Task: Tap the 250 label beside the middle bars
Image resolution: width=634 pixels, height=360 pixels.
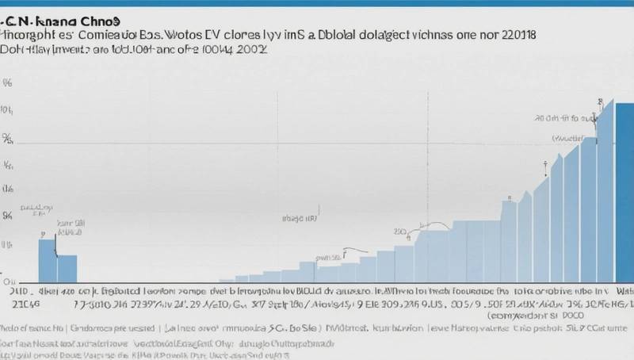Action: pos(401,232)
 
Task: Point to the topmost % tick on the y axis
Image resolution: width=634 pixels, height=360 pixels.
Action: pos(8,82)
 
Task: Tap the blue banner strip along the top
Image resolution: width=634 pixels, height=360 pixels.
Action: pos(317,3)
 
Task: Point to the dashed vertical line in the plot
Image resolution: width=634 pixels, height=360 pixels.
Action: pos(428,159)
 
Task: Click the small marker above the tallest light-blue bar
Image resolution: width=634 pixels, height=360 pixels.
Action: pos(601,102)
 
